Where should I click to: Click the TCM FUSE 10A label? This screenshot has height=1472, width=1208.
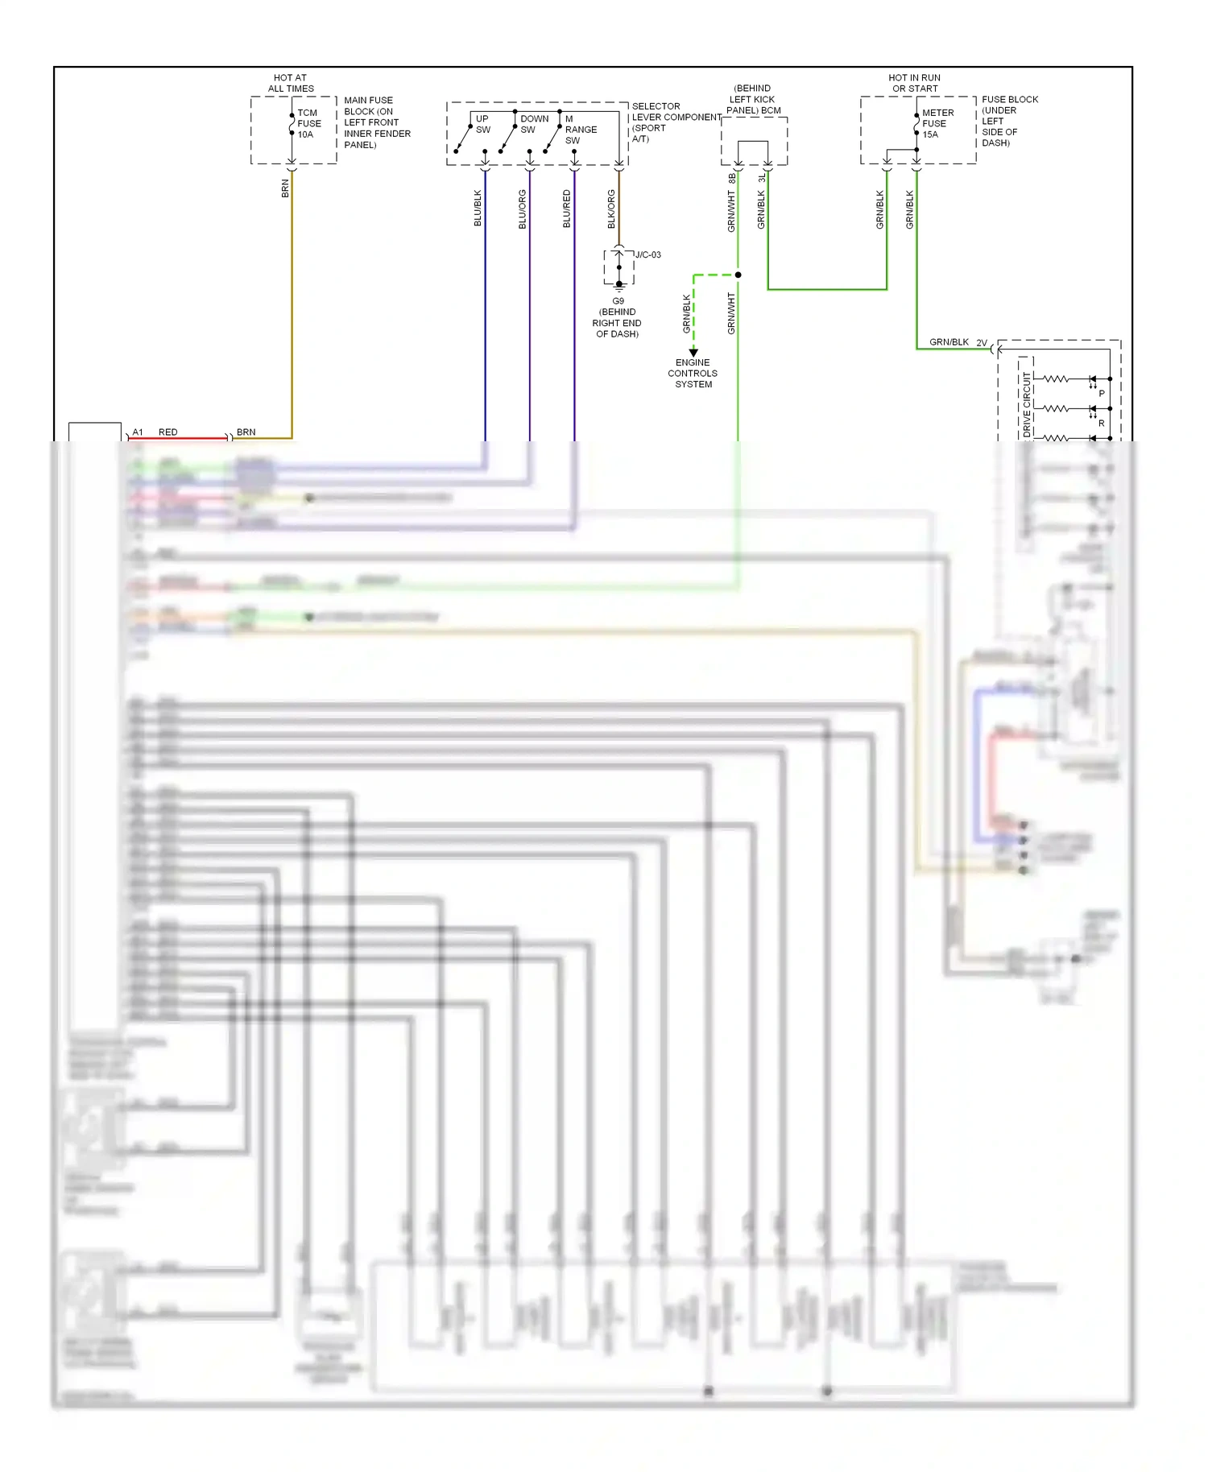308,124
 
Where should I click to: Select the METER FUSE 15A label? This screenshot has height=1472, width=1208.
937,124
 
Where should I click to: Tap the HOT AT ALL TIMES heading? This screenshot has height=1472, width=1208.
291,83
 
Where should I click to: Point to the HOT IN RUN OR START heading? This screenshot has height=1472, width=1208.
914,83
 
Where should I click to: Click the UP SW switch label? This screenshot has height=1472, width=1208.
482,124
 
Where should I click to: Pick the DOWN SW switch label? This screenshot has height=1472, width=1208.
534,124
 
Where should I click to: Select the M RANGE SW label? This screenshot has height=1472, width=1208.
580,130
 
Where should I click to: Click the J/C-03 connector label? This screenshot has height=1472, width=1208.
647,255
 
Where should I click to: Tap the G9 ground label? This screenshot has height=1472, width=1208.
618,301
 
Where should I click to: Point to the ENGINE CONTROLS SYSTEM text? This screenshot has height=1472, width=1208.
693,374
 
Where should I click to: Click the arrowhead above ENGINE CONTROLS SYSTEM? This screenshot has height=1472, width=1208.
693,353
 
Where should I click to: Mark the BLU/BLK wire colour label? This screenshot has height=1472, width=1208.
478,208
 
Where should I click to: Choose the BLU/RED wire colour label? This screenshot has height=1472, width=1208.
566,209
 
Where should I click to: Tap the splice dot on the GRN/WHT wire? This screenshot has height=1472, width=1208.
738,275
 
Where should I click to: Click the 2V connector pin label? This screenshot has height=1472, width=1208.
982,343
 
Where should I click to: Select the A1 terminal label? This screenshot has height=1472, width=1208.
138,432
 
